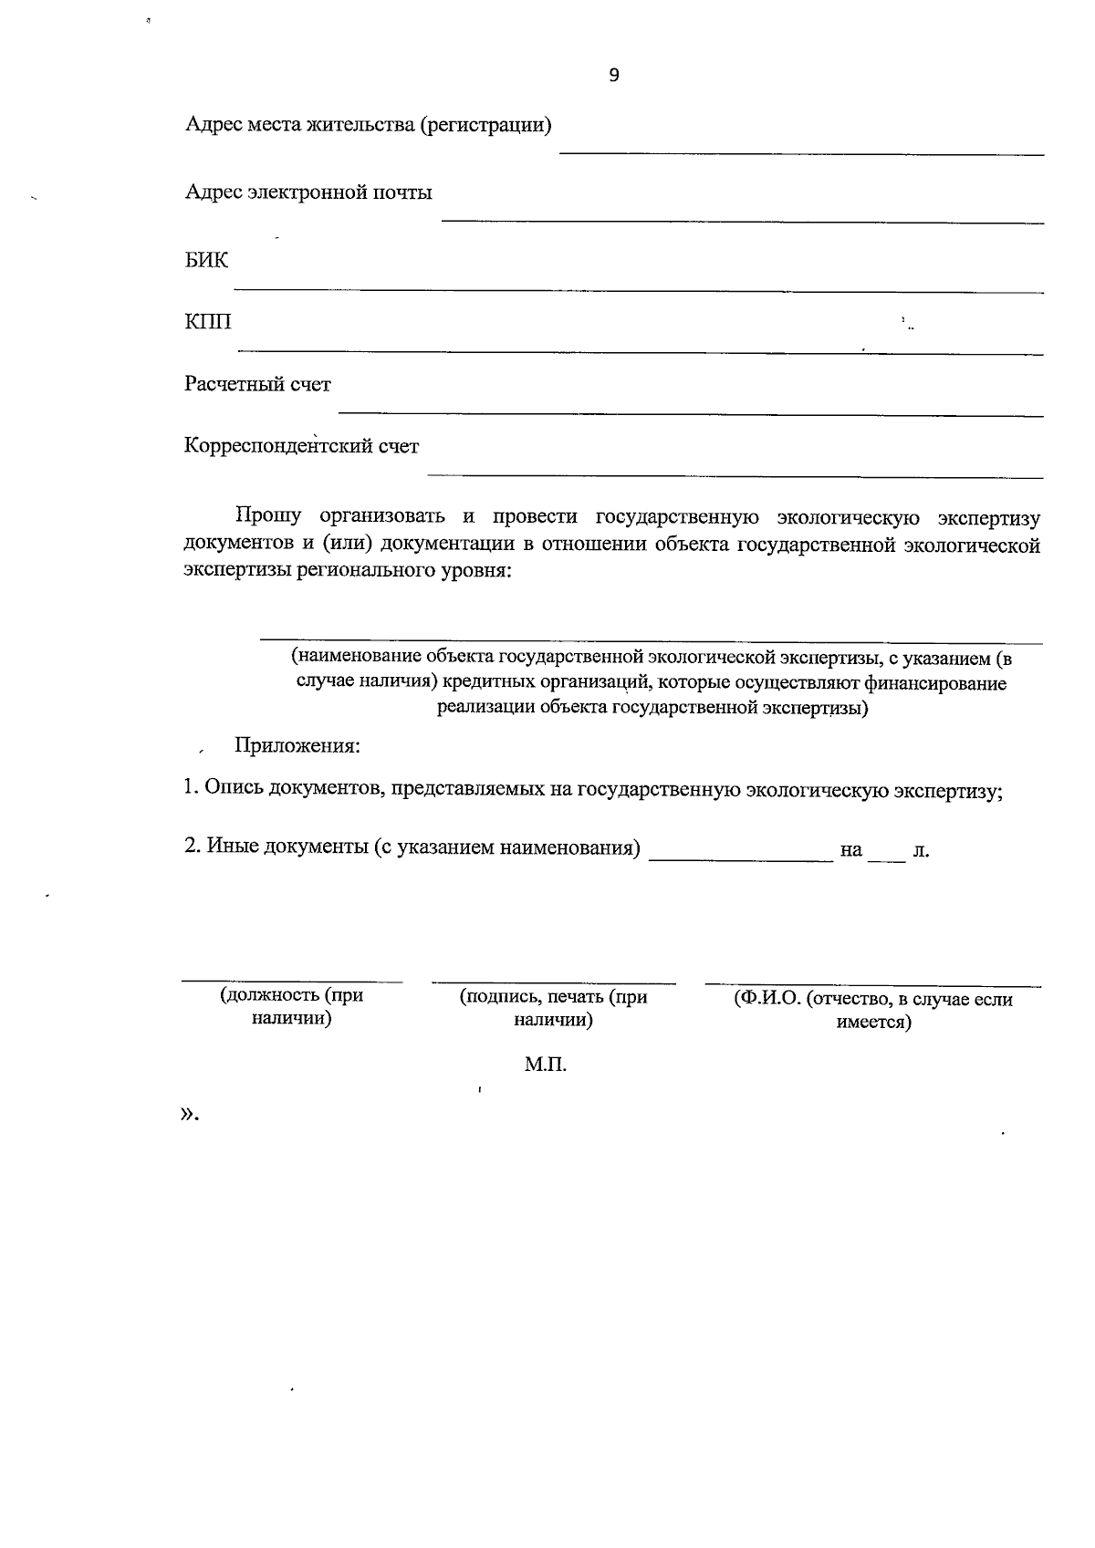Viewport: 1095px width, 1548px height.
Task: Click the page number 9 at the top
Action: (613, 76)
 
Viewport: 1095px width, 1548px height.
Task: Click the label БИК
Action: (206, 261)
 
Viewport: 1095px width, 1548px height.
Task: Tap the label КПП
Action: (208, 322)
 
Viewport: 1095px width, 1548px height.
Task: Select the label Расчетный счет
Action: (257, 384)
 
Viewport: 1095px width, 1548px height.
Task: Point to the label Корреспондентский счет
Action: (301, 447)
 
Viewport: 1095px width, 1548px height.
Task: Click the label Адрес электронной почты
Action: (308, 192)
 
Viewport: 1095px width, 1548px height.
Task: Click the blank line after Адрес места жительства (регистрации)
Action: (801, 152)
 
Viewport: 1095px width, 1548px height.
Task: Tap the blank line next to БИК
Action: (639, 289)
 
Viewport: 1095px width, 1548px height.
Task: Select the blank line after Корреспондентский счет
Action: (735, 475)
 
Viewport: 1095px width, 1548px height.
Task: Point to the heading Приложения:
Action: (297, 745)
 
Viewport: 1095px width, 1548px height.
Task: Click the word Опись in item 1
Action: (233, 788)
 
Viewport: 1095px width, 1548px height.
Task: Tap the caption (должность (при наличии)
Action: (291, 1006)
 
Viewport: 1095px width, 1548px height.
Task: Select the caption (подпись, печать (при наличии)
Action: (553, 1008)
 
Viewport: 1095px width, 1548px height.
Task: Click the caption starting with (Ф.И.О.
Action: (873, 1010)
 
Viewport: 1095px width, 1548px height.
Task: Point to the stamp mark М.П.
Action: (546, 1065)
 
